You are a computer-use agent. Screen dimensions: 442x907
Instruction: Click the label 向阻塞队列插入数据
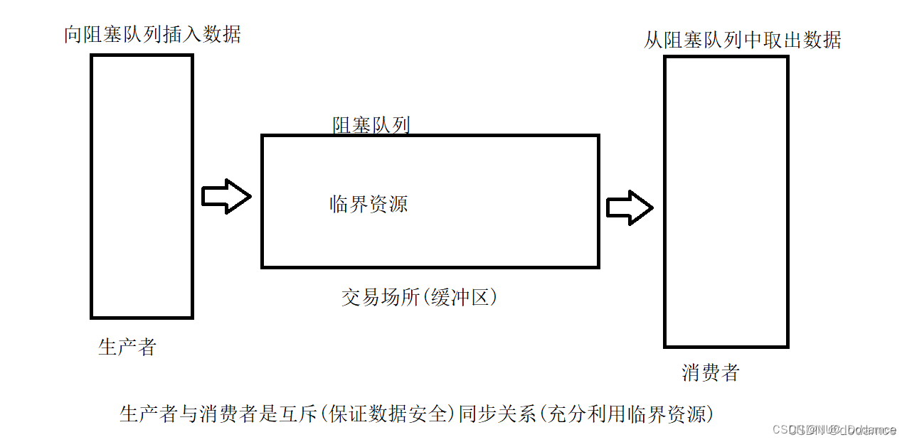(x=152, y=34)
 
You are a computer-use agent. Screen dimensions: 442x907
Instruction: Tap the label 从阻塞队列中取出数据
(x=742, y=40)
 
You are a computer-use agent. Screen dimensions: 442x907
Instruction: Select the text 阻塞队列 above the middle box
(x=371, y=126)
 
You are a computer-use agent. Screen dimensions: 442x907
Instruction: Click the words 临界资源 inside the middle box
(x=368, y=205)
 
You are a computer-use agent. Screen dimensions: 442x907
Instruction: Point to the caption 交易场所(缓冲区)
(x=419, y=297)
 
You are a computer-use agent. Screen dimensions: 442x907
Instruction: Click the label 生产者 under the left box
(x=127, y=347)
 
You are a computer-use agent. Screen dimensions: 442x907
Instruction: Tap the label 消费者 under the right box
(x=711, y=372)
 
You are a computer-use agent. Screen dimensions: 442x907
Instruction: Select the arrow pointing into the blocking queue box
(x=226, y=196)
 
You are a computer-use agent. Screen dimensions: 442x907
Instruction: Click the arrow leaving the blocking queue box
(x=630, y=207)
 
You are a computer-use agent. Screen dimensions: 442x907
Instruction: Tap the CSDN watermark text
(x=834, y=430)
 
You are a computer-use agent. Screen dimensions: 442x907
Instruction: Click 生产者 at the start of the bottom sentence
(x=147, y=414)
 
